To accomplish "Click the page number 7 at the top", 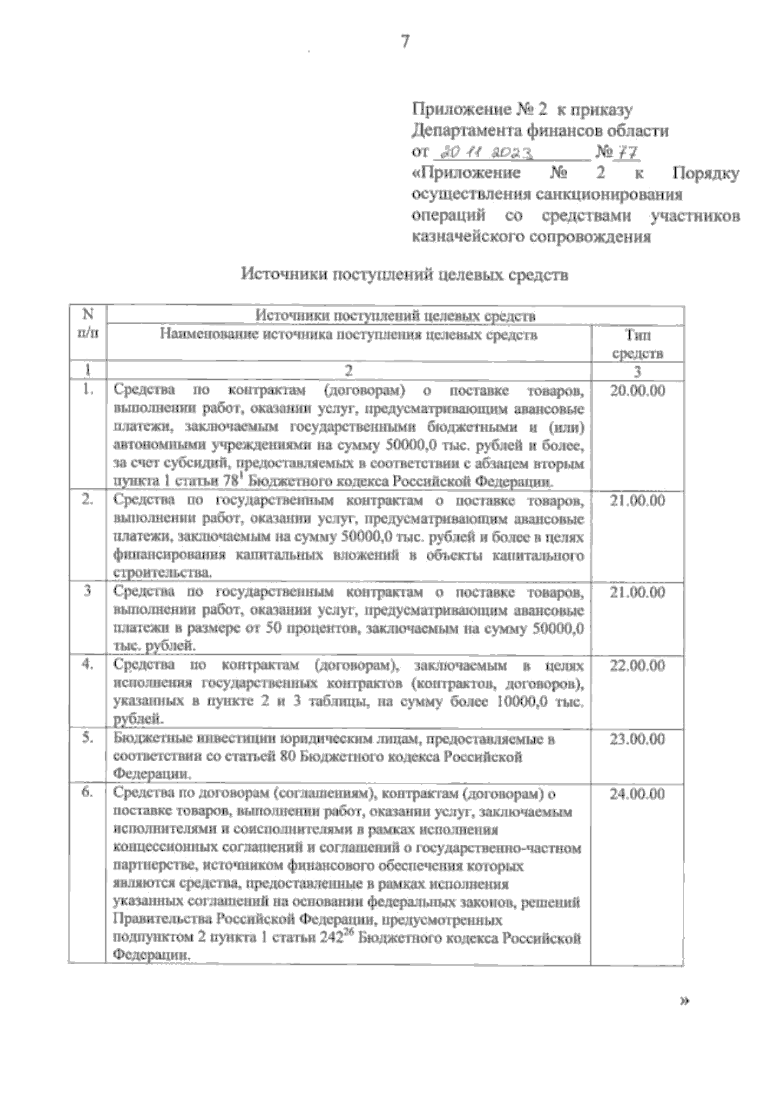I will (x=405, y=41).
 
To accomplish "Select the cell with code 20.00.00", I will (x=637, y=391).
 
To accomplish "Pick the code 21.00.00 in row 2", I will (x=637, y=501).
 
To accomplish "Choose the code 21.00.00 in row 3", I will (x=637, y=593).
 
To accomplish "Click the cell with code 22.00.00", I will (x=637, y=666).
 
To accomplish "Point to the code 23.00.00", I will (x=637, y=740).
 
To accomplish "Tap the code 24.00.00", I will (x=637, y=794).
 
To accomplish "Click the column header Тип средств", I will (x=638, y=344).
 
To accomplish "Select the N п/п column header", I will (x=88, y=324).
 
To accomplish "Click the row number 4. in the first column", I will (x=88, y=665).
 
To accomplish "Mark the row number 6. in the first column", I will (x=88, y=793).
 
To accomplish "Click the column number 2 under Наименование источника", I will (x=349, y=371).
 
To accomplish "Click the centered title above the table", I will (x=405, y=275).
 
